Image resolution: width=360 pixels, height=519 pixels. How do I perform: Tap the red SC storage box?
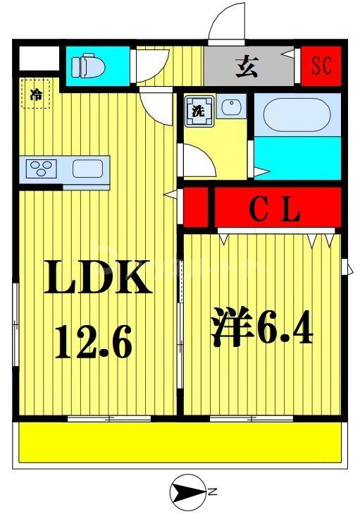coord(321,66)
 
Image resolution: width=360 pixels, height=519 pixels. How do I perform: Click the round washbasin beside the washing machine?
coord(229,109)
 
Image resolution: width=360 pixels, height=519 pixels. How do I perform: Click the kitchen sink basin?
coord(88,169)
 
